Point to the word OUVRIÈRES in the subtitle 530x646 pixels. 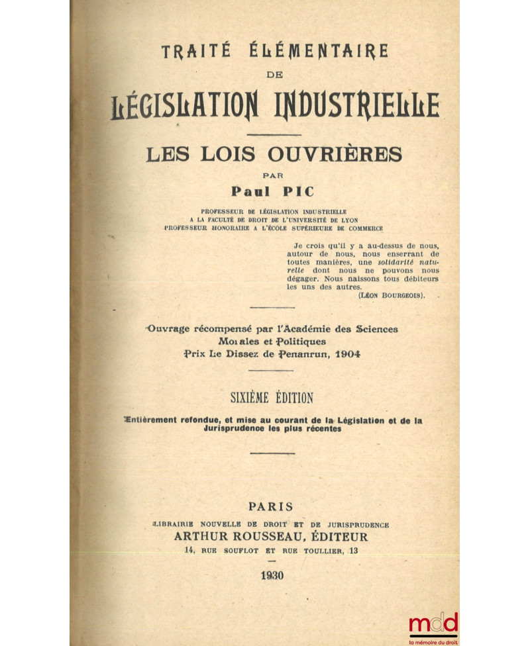pyautogui.click(x=335, y=155)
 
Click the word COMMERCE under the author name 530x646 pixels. pyautogui.click(x=362, y=228)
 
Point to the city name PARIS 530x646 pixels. pyautogui.click(x=270, y=506)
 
